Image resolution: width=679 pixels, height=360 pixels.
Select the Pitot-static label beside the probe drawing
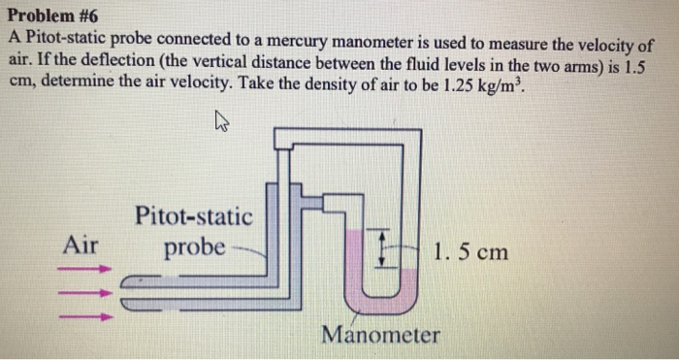click(x=193, y=214)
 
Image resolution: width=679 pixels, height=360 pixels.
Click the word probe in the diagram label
click(x=194, y=247)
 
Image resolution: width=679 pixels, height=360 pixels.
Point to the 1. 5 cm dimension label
click(x=471, y=252)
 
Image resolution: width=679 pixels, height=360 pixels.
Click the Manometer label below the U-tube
click(x=380, y=336)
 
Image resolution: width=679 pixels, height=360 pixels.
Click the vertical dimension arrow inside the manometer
click(x=382, y=250)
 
